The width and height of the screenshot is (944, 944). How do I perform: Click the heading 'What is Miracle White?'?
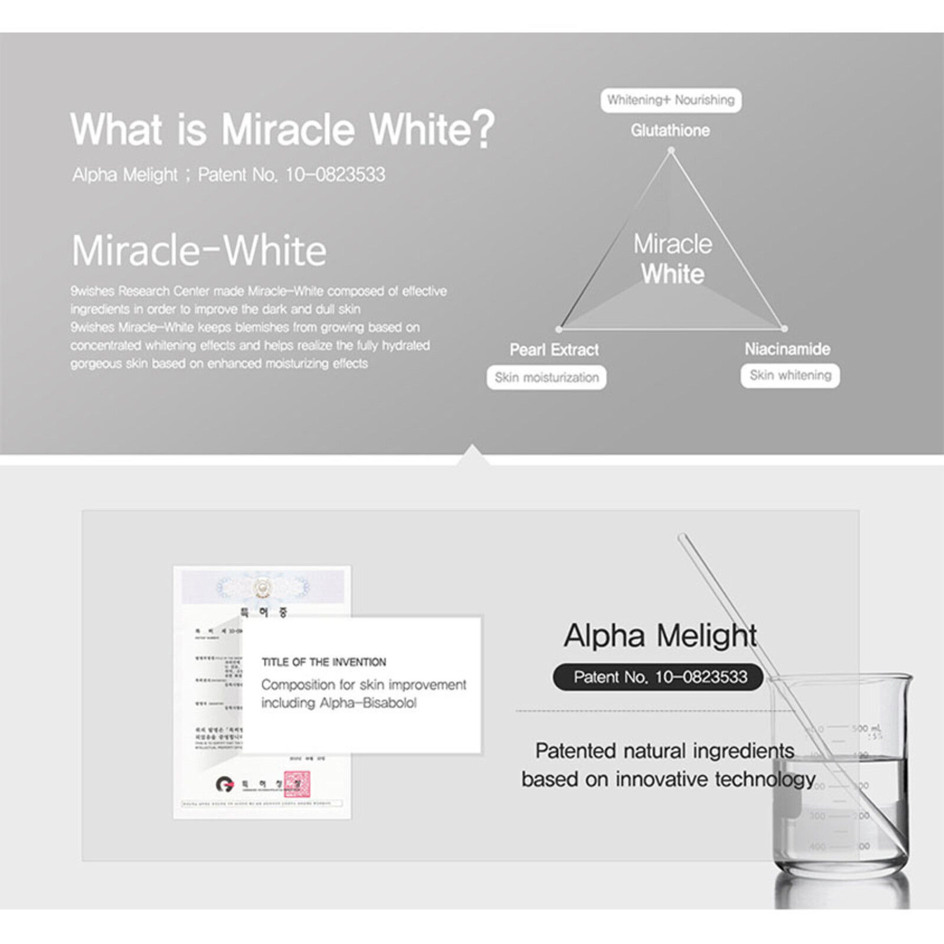coord(282,129)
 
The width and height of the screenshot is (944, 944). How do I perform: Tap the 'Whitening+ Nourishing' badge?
coord(671,100)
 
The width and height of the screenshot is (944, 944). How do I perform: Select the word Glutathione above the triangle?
coord(670,130)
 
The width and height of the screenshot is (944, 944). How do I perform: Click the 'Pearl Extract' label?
coord(554,350)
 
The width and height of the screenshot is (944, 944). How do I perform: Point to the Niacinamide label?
coord(787,349)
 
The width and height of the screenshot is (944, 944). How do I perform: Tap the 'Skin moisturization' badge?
coord(546,378)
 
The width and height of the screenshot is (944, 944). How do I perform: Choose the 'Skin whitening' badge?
coord(790,375)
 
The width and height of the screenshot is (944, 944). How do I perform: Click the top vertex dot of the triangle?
coord(671,151)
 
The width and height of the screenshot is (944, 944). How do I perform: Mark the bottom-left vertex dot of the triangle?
coord(559,329)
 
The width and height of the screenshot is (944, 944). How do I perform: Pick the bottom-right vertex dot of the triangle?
coord(784,329)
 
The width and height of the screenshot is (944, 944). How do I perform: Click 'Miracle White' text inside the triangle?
coord(673,259)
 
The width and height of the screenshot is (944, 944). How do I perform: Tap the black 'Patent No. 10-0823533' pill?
coord(660,677)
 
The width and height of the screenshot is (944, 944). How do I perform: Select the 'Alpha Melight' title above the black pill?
coord(660,635)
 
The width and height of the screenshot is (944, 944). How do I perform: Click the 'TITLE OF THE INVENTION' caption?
coord(324,662)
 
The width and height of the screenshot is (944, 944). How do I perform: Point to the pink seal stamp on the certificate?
coord(297,784)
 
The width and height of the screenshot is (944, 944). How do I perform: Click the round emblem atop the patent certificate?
coord(262,587)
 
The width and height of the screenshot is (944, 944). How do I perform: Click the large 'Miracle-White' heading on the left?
coord(199,251)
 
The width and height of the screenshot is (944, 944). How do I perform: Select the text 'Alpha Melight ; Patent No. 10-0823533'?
coord(228,175)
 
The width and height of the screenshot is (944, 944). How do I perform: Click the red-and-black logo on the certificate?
coord(225,784)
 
